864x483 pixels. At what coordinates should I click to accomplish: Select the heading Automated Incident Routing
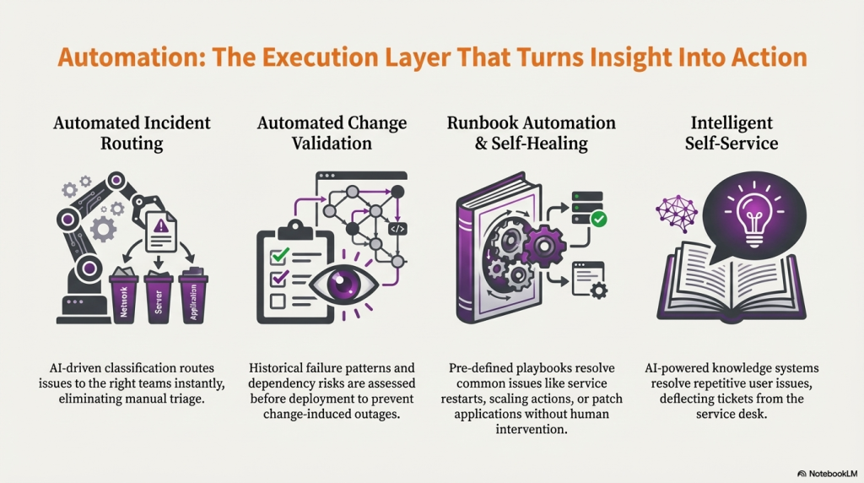tap(132, 133)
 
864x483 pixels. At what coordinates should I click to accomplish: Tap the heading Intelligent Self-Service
tap(732, 133)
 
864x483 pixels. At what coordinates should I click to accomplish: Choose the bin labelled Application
tap(193, 297)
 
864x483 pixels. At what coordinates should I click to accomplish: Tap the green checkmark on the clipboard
tap(278, 254)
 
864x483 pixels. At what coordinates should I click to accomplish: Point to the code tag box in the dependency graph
tap(397, 228)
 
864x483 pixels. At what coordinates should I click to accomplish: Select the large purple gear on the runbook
tap(541, 246)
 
